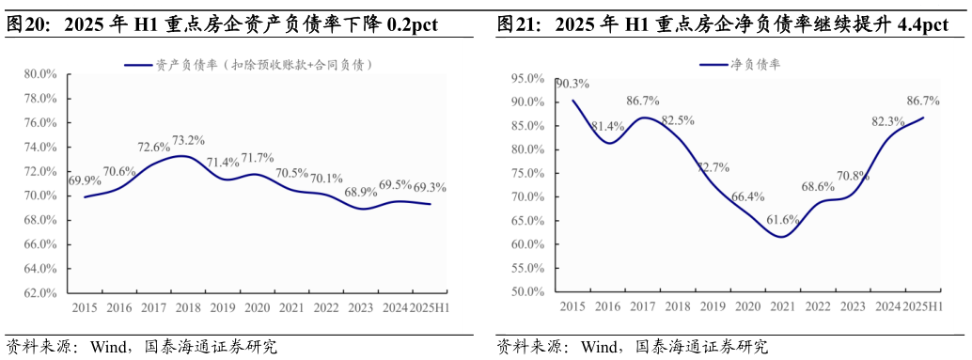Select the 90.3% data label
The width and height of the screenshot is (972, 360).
click(572, 84)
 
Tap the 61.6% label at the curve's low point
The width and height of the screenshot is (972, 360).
click(782, 220)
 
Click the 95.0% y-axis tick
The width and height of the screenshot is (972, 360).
click(527, 78)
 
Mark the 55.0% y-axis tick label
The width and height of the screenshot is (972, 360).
click(527, 268)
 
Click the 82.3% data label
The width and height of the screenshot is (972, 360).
click(888, 121)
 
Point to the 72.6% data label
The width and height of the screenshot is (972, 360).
click(154, 147)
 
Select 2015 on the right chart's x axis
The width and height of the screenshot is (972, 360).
click(572, 306)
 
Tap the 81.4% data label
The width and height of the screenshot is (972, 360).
click(608, 127)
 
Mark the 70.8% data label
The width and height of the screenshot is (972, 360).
click(852, 175)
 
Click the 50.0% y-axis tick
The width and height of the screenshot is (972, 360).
click(527, 291)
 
